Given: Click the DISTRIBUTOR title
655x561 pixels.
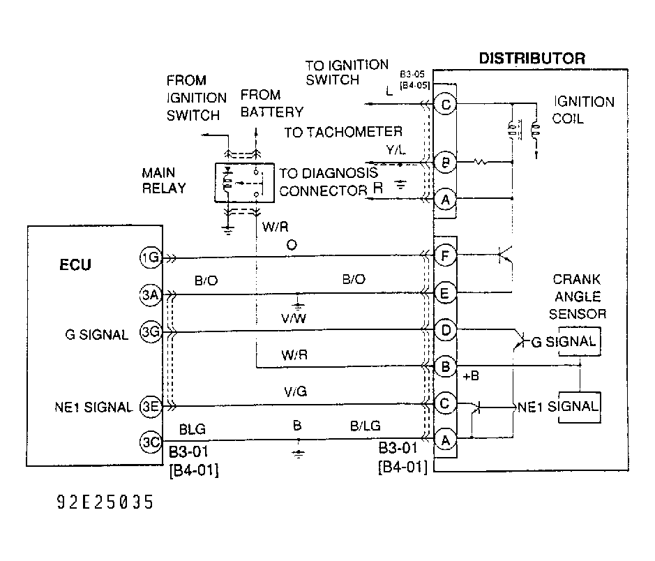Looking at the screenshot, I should [532, 58].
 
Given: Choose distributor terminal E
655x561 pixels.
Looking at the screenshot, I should [445, 294].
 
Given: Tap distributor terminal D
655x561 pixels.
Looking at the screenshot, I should [445, 329].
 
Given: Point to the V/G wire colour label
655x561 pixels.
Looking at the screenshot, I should [295, 393].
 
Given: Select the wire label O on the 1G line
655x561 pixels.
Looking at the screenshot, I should [291, 246].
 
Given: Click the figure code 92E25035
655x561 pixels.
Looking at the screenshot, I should [105, 502].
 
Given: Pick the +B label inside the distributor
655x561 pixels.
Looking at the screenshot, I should [470, 377].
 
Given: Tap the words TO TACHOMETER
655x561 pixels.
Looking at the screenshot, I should [343, 132].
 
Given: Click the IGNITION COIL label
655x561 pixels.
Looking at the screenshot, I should [583, 110].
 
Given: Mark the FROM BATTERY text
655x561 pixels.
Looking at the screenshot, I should [271, 103].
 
